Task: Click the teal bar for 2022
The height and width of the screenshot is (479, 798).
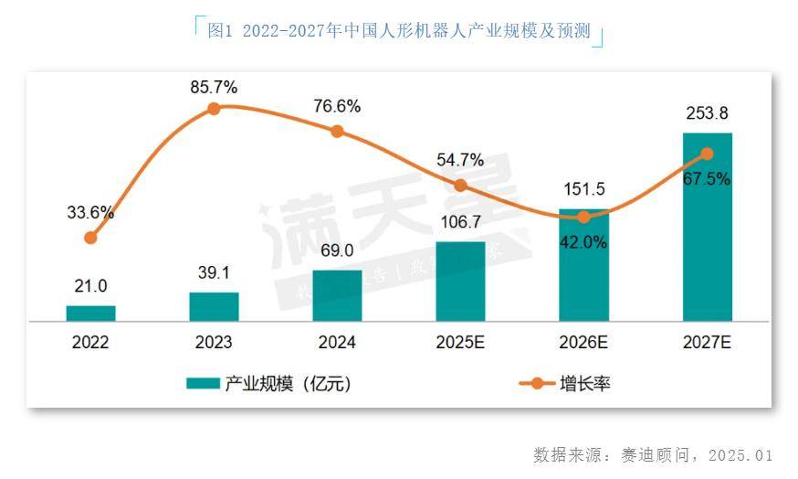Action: point(90,314)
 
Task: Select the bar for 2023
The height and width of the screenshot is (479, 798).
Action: point(214,307)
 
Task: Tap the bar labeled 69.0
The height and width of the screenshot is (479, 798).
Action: point(337,295)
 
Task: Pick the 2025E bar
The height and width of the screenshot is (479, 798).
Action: point(460,282)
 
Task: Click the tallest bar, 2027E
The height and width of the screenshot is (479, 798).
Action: point(707,227)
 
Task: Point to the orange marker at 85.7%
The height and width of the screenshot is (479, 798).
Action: point(214,109)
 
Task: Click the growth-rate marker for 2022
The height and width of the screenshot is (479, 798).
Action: point(90,238)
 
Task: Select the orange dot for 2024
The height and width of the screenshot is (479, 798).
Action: point(337,132)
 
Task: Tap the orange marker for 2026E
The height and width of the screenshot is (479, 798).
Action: point(583,217)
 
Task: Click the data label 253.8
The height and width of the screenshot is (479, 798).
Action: point(707,114)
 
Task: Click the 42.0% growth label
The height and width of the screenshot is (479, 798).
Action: point(583,243)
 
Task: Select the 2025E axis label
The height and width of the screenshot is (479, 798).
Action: point(460,344)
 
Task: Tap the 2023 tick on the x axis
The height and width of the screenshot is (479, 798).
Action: point(214,344)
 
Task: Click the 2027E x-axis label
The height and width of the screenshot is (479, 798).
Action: point(707,344)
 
